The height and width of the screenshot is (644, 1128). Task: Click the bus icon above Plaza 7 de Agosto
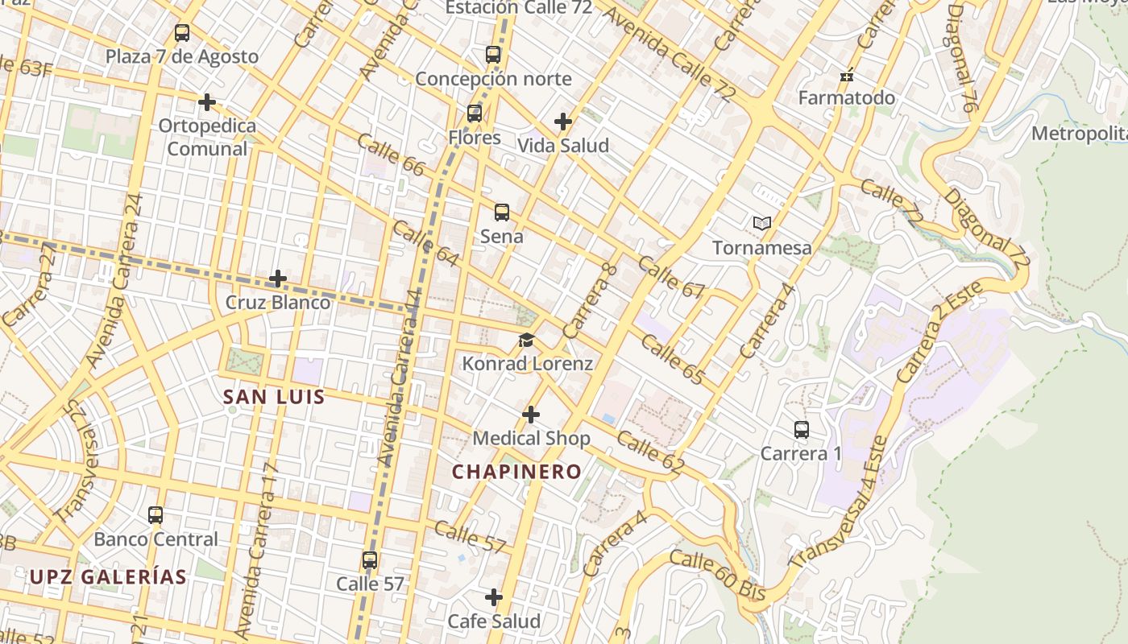[x=182, y=33]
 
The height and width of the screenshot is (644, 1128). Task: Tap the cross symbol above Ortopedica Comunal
[x=207, y=102]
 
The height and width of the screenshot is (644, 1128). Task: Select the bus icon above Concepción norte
[x=493, y=55]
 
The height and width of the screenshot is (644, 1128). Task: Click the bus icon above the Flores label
[x=475, y=114]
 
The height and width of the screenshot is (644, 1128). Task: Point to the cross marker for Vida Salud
[x=563, y=122]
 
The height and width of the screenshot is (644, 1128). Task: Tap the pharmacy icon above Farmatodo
[x=847, y=76]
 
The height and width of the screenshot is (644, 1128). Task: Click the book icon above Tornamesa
[x=761, y=223]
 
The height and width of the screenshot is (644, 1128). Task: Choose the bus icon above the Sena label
[x=502, y=213]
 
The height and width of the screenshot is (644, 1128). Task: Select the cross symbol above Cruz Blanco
[x=278, y=279]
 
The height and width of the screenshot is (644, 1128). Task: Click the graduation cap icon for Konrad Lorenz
[x=527, y=340]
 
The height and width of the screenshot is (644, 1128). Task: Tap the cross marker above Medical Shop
[x=531, y=415]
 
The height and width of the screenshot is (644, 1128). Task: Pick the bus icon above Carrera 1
[x=802, y=430]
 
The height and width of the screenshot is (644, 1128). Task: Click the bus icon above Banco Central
[x=156, y=515]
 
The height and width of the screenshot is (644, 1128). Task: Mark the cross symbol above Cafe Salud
[x=494, y=597]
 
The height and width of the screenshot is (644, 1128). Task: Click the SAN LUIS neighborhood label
[x=274, y=397]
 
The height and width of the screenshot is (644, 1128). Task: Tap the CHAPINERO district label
[x=516, y=472]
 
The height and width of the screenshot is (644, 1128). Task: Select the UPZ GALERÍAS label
[x=108, y=576]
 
